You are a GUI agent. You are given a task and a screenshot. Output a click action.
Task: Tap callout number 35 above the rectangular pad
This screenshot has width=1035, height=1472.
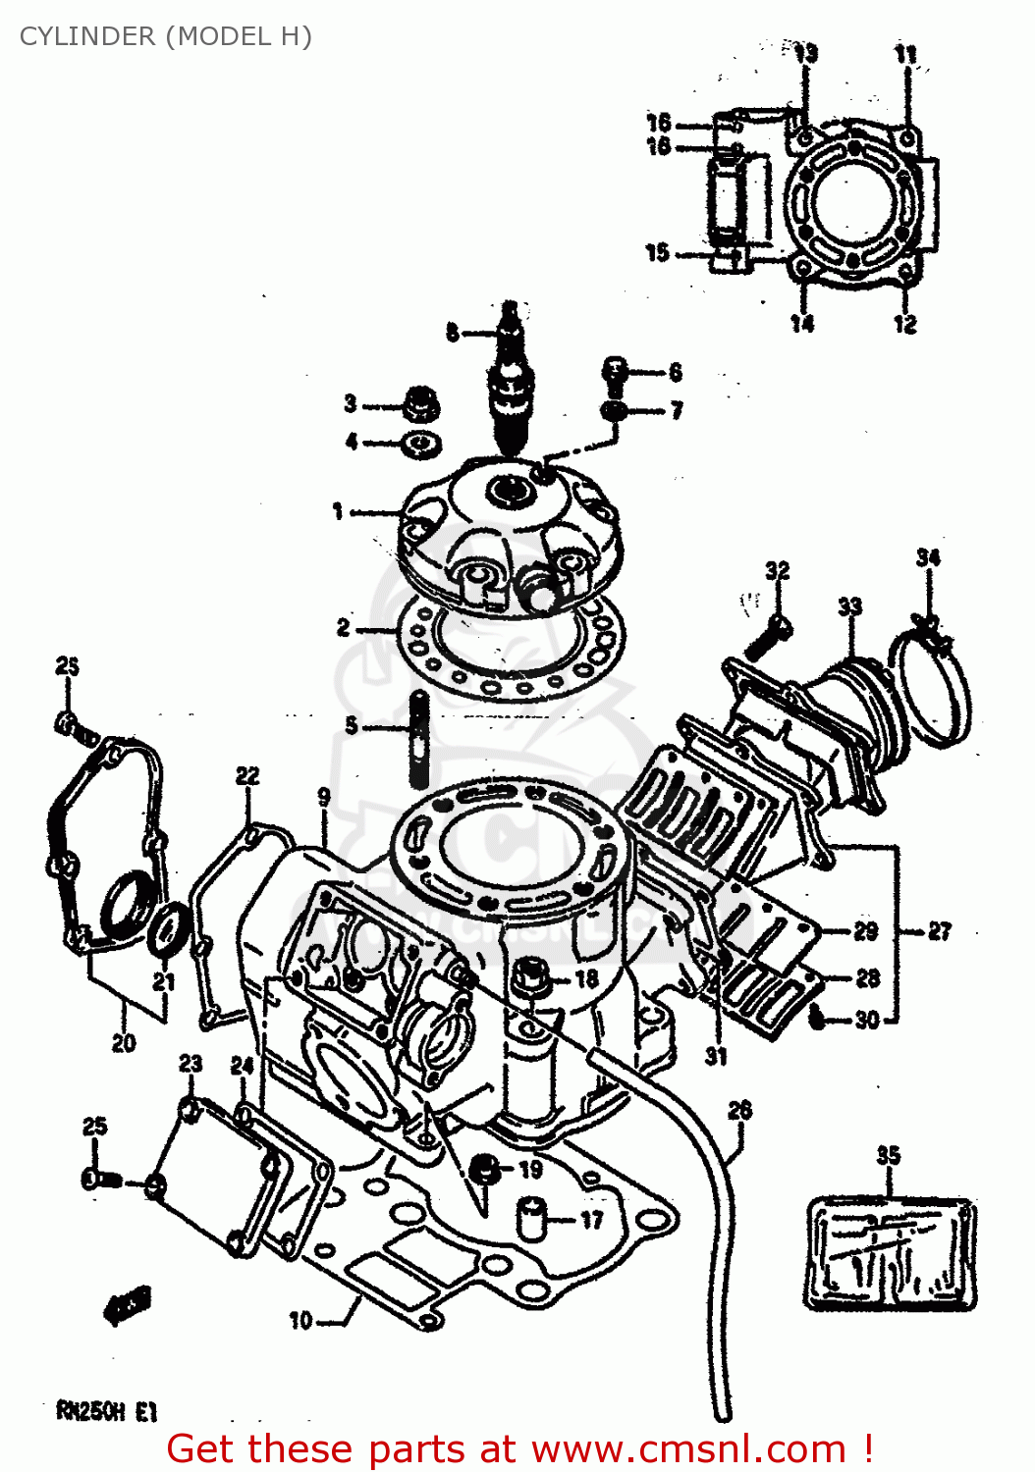pyautogui.click(x=888, y=1155)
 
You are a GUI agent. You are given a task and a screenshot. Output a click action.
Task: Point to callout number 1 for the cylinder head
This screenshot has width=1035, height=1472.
pyautogui.click(x=338, y=511)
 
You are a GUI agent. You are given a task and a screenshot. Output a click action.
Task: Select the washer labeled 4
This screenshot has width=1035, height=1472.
pyautogui.click(x=420, y=444)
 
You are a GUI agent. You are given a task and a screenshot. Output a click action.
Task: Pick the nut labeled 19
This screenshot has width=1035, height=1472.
pyautogui.click(x=482, y=1169)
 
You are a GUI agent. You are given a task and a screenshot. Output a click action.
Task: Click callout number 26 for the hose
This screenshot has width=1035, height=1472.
pyautogui.click(x=739, y=1110)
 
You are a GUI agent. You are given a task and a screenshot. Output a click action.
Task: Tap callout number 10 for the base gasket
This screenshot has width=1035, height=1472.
pyautogui.click(x=300, y=1321)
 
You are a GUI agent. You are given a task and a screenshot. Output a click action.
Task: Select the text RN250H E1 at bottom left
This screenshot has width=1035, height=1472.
pyautogui.click(x=106, y=1411)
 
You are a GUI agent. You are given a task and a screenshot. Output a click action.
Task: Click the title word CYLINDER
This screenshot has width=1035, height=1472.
pyautogui.click(x=87, y=36)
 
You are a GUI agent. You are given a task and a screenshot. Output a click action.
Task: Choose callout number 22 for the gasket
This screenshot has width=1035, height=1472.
pyautogui.click(x=247, y=776)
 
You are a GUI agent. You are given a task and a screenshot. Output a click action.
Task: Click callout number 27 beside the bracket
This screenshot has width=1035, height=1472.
pyautogui.click(x=939, y=930)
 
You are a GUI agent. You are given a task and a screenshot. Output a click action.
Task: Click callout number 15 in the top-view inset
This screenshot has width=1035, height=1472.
pyautogui.click(x=657, y=252)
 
